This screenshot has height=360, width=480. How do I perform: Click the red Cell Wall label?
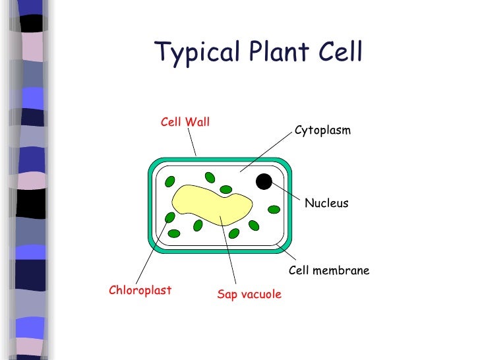(185, 122)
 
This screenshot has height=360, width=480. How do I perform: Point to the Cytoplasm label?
(322, 131)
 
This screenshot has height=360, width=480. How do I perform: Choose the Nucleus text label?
(326, 204)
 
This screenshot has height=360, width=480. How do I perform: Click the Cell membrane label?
(329, 271)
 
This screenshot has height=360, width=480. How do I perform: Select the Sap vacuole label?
(249, 294)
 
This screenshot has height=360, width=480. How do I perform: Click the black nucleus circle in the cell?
(264, 181)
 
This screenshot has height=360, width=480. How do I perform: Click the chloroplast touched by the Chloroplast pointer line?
(170, 217)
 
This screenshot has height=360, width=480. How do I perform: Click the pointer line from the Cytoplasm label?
(267, 152)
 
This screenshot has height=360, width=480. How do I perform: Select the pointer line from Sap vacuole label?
(229, 251)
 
